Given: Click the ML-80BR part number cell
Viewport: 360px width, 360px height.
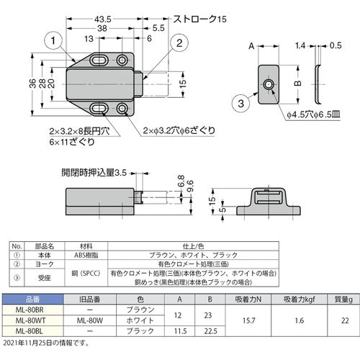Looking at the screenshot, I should [29, 310].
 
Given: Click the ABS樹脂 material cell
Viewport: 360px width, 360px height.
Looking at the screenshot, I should [86, 254].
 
